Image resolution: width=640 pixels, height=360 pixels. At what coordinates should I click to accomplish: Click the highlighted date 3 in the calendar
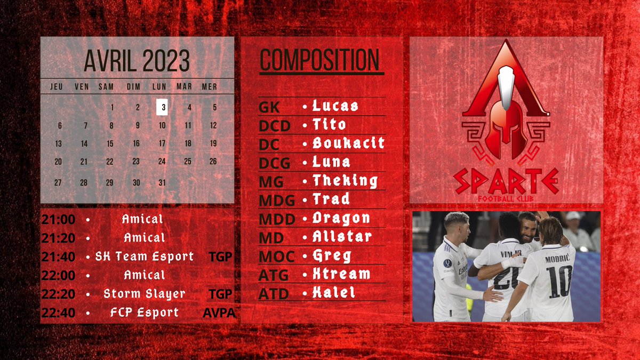162,107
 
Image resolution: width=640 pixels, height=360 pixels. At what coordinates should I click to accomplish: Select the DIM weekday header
133,86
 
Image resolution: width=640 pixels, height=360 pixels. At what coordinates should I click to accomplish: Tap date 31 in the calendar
162,182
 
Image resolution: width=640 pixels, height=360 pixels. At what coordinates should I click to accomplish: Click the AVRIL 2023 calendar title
137,61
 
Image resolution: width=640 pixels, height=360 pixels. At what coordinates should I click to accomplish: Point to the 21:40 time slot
58,257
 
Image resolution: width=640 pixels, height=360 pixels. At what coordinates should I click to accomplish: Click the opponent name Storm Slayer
145,294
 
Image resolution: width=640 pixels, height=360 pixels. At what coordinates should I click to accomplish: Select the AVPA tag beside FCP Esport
219,313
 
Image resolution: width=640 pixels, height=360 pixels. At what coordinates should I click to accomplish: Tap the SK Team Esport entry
145,257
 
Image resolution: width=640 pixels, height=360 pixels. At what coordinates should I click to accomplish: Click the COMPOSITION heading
319,60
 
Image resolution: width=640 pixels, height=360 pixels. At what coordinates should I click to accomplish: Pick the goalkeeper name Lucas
335,106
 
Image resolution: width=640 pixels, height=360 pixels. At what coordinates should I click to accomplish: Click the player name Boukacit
348,143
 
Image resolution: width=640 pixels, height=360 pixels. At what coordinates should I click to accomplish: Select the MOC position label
276,257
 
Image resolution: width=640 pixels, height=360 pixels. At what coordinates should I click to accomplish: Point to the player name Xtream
341,274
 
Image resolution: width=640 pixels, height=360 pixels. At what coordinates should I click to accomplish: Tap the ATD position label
274,294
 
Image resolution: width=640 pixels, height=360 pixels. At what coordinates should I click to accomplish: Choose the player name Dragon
341,218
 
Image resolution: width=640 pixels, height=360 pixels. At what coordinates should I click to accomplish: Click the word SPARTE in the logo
506,181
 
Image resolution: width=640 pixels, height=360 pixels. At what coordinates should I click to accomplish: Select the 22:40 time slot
58,313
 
